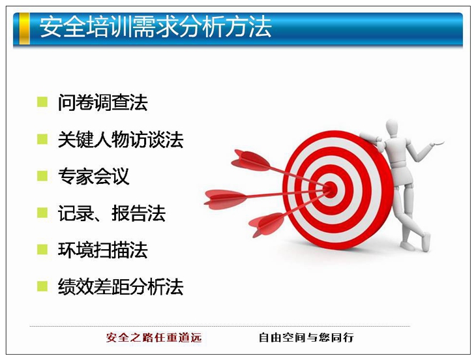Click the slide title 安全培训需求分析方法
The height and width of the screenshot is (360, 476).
click(155, 27)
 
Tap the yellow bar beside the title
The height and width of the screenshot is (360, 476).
click(25, 29)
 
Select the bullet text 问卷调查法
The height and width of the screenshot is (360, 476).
click(102, 102)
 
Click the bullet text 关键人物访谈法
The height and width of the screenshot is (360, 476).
click(121, 140)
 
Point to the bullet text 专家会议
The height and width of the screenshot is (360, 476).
click(93, 176)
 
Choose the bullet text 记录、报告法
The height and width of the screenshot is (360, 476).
click(112, 213)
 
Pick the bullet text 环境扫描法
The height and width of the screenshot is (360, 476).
click(102, 250)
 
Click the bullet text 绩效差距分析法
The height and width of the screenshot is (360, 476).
click(121, 286)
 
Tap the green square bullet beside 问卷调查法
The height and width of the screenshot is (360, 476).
click(42, 102)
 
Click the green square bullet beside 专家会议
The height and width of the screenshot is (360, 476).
click(42, 175)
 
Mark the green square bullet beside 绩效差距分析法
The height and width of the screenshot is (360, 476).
click(42, 286)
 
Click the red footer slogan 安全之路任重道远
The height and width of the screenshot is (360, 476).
click(154, 337)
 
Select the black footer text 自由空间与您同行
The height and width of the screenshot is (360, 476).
click(306, 337)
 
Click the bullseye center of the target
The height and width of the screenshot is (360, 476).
click(331, 189)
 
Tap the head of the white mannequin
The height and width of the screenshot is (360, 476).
click(392, 128)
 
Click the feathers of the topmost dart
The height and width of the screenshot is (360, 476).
click(250, 160)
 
